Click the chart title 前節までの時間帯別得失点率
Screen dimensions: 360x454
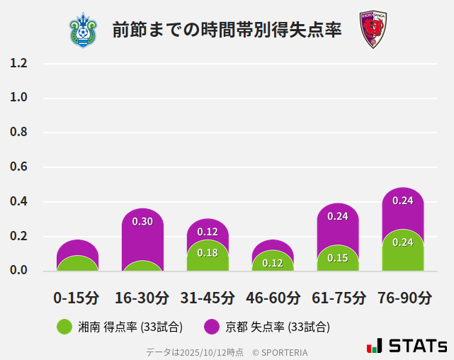[227, 30]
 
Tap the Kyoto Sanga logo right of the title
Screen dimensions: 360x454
[372, 30]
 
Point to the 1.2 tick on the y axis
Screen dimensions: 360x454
[19, 63]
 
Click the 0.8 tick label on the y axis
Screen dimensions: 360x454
[19, 133]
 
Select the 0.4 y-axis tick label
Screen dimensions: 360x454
[19, 202]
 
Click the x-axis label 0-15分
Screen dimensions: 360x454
[77, 298]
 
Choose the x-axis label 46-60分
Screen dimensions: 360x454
[273, 298]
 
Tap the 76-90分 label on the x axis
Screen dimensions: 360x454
[403, 298]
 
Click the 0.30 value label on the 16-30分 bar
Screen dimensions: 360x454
[142, 222]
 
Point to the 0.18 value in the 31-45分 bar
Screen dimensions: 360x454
[208, 253]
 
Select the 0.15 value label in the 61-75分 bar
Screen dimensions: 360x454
[338, 258]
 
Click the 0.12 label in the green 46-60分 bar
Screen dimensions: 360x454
[273, 264]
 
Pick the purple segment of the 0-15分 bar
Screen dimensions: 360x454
[77, 247]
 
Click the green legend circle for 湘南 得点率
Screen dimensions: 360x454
[64, 327]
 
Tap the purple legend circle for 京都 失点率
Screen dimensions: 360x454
[212, 327]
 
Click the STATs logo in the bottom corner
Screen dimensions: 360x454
[407, 346]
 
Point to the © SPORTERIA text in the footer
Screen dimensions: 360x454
[280, 352]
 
